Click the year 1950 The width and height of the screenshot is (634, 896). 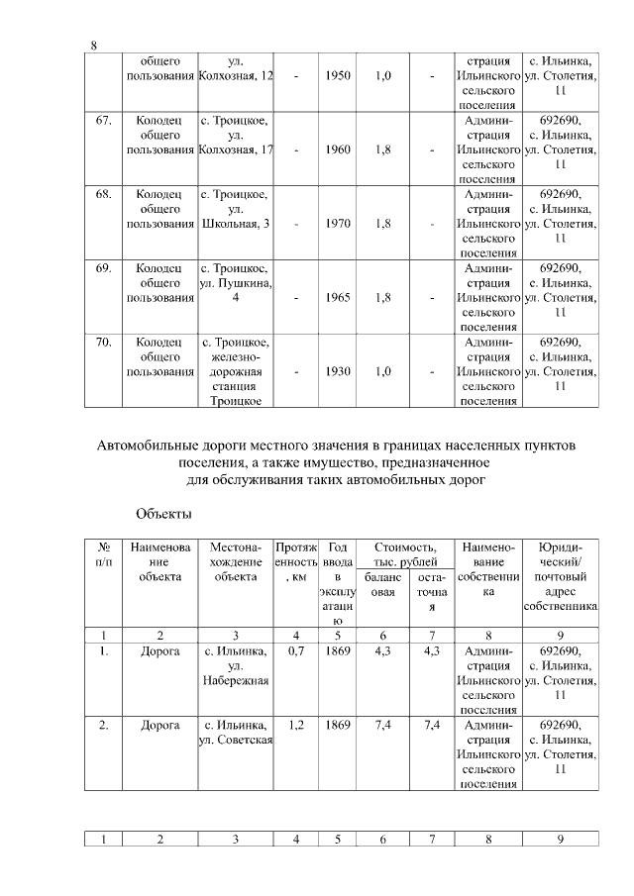point(338,76)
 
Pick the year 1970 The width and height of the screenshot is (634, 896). point(338,224)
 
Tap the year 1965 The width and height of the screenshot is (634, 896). point(338,298)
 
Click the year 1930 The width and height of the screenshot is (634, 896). point(338,371)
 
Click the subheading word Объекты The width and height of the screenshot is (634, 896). point(162,515)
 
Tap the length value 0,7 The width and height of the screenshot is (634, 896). point(296,650)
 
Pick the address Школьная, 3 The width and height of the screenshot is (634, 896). point(236,224)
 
